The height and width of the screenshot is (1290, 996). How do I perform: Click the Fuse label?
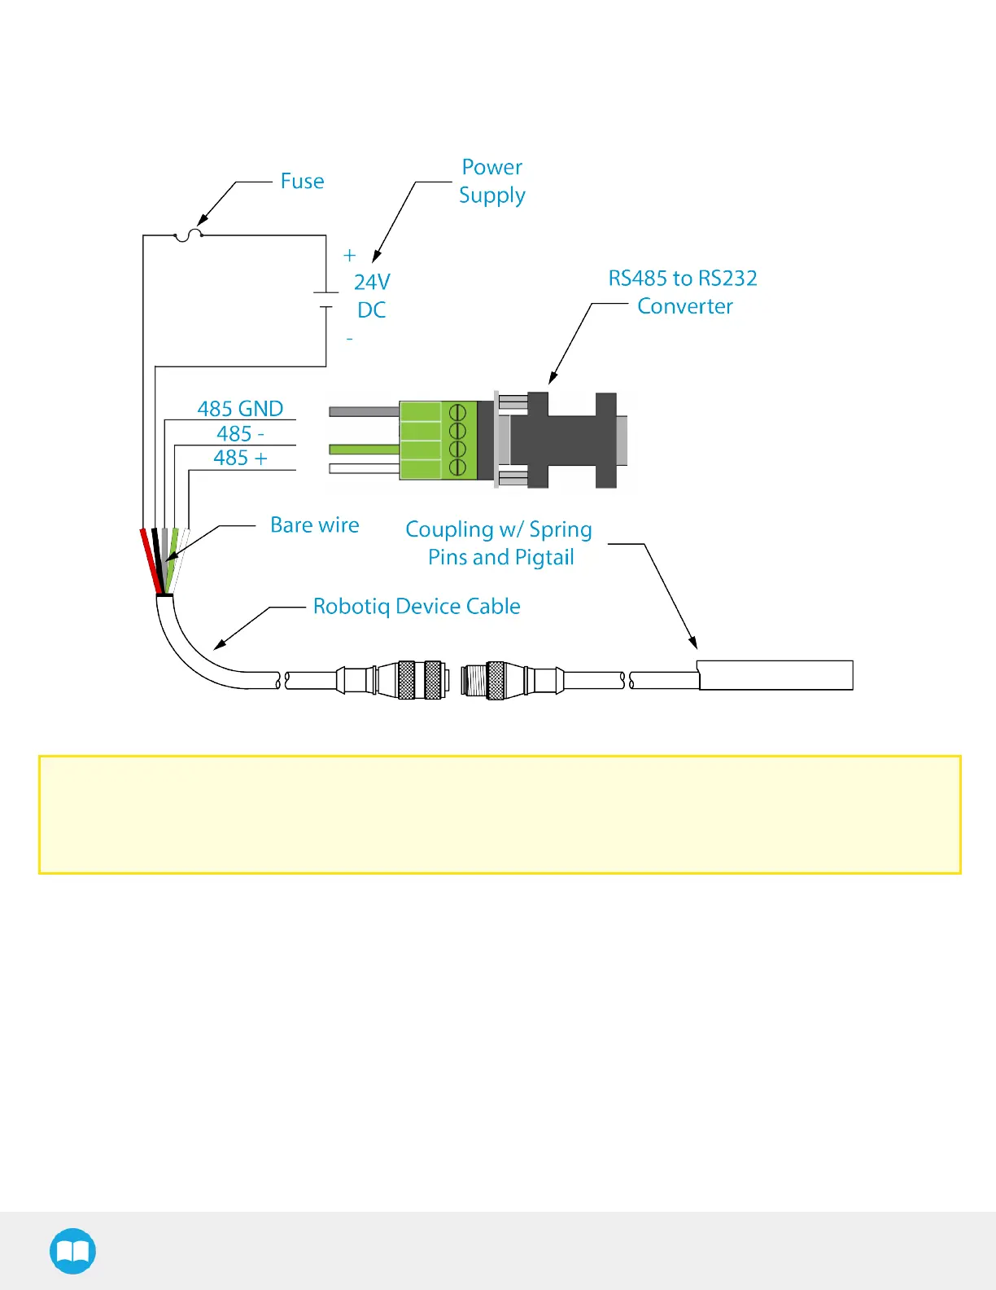[302, 181]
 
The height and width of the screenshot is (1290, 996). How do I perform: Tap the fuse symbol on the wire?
[188, 235]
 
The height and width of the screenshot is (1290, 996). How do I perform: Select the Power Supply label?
[491, 181]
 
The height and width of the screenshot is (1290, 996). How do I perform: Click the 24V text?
[372, 282]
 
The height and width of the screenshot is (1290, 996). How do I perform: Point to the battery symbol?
[326, 300]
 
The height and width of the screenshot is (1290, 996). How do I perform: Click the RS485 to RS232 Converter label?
[684, 292]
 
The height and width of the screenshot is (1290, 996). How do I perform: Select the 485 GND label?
[240, 408]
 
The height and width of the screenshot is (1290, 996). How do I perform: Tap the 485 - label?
[240, 433]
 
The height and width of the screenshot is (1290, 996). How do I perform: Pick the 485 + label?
[240, 458]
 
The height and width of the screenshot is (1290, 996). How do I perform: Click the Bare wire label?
[314, 525]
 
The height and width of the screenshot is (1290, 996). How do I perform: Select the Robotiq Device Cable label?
[417, 606]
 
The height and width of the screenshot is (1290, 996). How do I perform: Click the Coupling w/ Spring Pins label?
[499, 543]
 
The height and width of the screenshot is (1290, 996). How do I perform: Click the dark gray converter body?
[570, 441]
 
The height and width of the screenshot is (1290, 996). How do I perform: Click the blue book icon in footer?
[72, 1251]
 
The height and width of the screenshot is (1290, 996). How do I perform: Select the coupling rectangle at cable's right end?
[775, 675]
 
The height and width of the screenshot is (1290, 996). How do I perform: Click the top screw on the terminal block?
[457, 412]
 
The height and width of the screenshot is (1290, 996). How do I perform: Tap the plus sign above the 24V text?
[350, 256]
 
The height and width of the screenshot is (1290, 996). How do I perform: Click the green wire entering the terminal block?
[363, 449]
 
